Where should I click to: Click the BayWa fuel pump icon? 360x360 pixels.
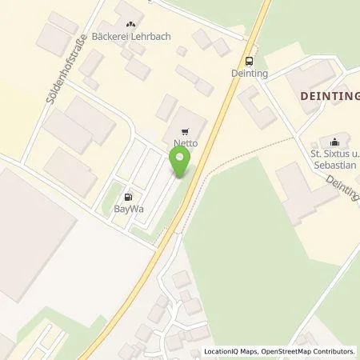[127, 195]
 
